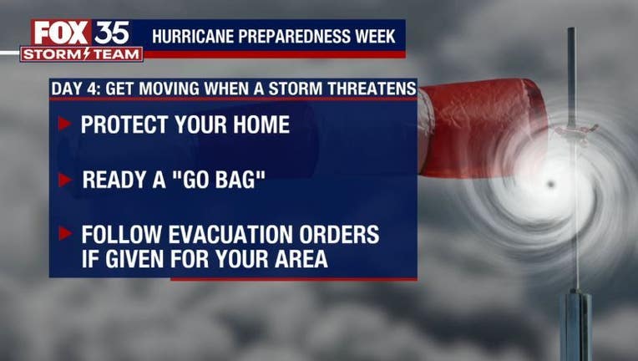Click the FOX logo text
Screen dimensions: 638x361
(x=62, y=33)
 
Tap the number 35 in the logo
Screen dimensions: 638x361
(x=112, y=33)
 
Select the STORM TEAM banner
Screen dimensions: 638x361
(x=81, y=54)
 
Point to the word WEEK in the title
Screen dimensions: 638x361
(x=375, y=36)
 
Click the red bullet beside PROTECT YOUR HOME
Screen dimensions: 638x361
(x=64, y=124)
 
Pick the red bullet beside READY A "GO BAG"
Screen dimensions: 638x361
(x=64, y=180)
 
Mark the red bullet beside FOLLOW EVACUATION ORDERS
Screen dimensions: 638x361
(x=64, y=233)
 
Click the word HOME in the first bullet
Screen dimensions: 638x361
(x=261, y=125)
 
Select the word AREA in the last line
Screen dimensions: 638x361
(x=301, y=258)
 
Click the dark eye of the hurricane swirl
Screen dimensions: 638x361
(x=551, y=185)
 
